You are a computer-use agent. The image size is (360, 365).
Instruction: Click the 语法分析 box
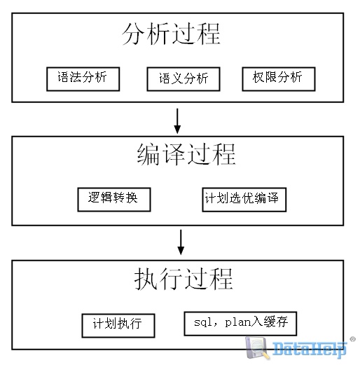coord(83,79)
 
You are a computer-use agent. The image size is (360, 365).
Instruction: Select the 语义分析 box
coord(184,79)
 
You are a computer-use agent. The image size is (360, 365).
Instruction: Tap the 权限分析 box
coord(279,79)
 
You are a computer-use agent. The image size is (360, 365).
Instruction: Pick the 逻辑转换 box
coord(114,200)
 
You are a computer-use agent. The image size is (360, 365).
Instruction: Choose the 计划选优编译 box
coord(244,200)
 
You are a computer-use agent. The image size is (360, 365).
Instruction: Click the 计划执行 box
coord(118,326)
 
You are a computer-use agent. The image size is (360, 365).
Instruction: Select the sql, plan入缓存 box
coord(240,324)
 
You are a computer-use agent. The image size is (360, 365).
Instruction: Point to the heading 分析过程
coord(171,34)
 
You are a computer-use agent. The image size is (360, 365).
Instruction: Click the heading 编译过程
coord(186,154)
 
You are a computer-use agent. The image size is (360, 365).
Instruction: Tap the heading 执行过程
coord(184,279)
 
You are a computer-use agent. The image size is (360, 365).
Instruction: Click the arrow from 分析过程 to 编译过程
coord(177,121)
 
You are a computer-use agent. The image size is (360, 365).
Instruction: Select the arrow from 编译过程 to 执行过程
coord(181,242)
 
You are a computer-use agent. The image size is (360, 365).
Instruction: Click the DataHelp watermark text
coord(309,349)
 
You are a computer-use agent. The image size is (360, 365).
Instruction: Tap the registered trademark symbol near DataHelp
coord(352,339)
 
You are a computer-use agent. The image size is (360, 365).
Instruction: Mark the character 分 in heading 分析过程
coord(134,34)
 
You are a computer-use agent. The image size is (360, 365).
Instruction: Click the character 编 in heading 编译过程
coord(148,154)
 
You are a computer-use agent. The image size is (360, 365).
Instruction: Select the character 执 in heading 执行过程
coord(146,279)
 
